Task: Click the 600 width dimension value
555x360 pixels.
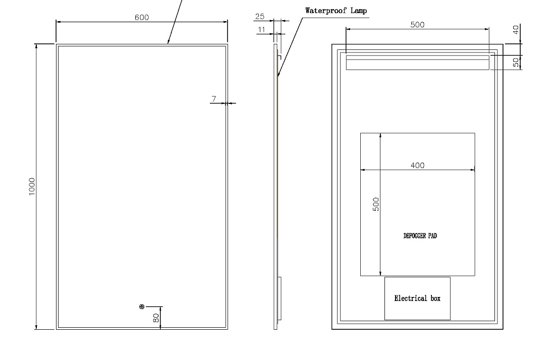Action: click(142, 17)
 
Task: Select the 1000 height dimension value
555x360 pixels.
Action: click(32, 187)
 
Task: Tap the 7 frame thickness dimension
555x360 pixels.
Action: click(214, 99)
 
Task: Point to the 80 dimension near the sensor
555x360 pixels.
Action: click(156, 318)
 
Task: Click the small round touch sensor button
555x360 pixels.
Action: click(142, 307)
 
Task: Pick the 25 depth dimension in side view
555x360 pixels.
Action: click(260, 16)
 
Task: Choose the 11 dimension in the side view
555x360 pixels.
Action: click(261, 29)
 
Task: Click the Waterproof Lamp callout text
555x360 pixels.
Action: click(336, 11)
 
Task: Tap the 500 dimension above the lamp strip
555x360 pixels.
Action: click(417, 25)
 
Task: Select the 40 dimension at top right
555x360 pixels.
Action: click(516, 30)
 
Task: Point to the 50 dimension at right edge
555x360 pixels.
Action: click(516, 62)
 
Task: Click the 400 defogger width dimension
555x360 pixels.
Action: click(418, 165)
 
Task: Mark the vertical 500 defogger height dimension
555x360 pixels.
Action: click(376, 204)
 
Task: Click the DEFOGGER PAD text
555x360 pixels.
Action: click(420, 236)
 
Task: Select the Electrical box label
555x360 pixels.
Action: click(417, 298)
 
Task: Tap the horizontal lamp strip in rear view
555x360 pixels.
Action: click(418, 63)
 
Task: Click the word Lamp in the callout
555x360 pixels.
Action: click(359, 11)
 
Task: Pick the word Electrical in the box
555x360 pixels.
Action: click(411, 298)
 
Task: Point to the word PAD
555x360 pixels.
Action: click(432, 236)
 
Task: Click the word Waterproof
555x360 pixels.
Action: click(326, 11)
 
